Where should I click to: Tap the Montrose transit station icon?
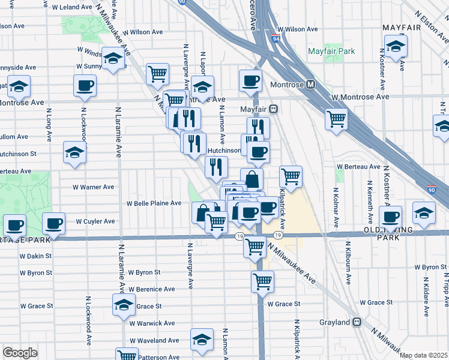pyautogui.click(x=310, y=85)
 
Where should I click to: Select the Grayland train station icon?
pyautogui.click(x=356, y=322)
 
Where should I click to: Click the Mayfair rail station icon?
pyautogui.click(x=273, y=109)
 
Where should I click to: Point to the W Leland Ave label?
pyautogui.click(x=71, y=8)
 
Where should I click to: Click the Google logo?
pyautogui.click(x=20, y=353)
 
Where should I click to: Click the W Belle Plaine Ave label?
pyautogui.click(x=154, y=203)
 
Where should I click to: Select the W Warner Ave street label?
pyautogui.click(x=94, y=187)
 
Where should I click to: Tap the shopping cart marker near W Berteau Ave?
pyautogui.click(x=291, y=176)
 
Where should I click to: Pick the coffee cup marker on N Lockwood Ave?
pyautogui.click(x=85, y=85)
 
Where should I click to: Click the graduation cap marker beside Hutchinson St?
pyautogui.click(x=74, y=152)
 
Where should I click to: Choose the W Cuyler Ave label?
pyautogui.click(x=95, y=221)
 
